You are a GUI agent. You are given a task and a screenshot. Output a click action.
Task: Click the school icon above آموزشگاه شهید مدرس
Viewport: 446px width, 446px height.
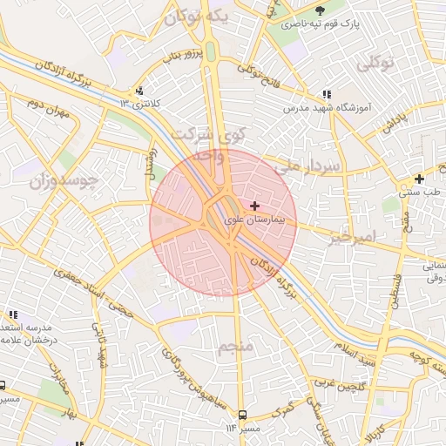tap(327, 94)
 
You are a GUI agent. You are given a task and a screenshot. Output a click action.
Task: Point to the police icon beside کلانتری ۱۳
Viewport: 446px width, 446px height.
tap(139, 91)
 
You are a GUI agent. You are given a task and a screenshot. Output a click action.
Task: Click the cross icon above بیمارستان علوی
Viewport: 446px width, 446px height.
tap(254, 206)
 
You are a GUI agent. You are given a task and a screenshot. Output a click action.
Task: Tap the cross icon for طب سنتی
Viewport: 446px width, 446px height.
tap(419, 179)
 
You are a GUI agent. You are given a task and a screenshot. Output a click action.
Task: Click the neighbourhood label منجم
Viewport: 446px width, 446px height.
tap(237, 348)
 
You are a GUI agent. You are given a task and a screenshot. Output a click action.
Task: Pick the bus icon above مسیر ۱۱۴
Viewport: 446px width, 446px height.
tap(242, 414)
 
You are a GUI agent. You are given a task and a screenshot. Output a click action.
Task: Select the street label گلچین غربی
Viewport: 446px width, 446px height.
tap(336, 386)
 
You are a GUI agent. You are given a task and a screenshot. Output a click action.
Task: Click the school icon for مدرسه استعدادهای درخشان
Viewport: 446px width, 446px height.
tap(12, 314)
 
